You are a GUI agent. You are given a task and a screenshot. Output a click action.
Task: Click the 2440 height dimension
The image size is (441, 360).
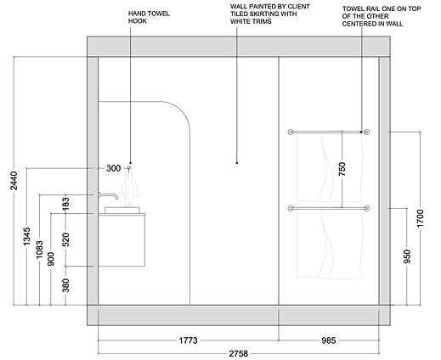point(14,181)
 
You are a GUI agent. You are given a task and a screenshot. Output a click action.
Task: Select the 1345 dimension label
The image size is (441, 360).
point(26,236)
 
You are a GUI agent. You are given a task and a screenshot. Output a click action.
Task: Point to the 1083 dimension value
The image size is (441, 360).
point(39,249)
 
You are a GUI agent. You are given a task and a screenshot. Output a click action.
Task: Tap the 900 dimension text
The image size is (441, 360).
point(51,259)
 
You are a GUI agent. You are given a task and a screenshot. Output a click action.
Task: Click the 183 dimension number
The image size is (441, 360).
point(65,204)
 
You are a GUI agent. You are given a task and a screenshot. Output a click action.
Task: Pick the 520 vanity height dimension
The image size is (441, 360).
point(65,239)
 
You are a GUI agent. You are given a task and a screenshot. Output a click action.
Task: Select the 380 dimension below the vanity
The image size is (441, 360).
point(65,285)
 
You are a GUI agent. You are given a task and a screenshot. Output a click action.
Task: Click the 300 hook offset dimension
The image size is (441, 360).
point(113,168)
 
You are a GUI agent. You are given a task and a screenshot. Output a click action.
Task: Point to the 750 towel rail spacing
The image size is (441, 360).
point(342,169)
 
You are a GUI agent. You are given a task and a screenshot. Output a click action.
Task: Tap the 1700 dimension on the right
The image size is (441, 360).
point(421,218)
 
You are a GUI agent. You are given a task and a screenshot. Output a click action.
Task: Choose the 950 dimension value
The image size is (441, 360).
point(407,256)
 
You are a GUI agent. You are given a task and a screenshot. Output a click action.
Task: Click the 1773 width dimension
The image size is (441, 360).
point(188,340)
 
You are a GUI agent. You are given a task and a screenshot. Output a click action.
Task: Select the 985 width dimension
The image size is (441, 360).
point(329,340)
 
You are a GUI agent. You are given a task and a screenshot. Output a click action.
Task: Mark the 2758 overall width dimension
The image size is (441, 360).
point(239,353)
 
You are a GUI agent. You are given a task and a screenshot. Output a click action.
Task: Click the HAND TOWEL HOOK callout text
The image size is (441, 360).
point(149,17)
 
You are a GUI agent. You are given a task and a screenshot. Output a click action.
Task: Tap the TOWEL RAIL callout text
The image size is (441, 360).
point(382,16)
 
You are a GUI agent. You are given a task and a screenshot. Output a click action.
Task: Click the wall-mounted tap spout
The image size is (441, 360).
point(109,195)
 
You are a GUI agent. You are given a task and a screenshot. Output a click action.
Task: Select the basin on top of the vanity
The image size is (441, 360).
point(122,210)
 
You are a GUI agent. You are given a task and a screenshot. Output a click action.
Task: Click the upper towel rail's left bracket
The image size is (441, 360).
point(291,132)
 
